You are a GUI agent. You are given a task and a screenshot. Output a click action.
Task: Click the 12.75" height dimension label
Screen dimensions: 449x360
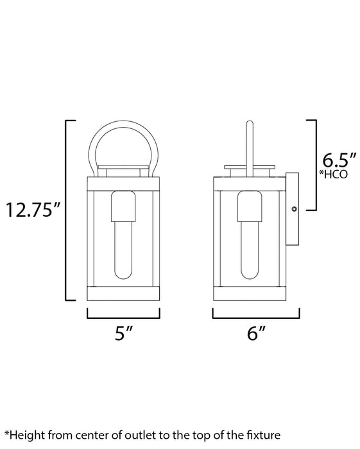[x=32, y=209]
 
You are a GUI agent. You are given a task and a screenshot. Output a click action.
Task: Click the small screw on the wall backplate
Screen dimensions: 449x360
[x=295, y=208]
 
